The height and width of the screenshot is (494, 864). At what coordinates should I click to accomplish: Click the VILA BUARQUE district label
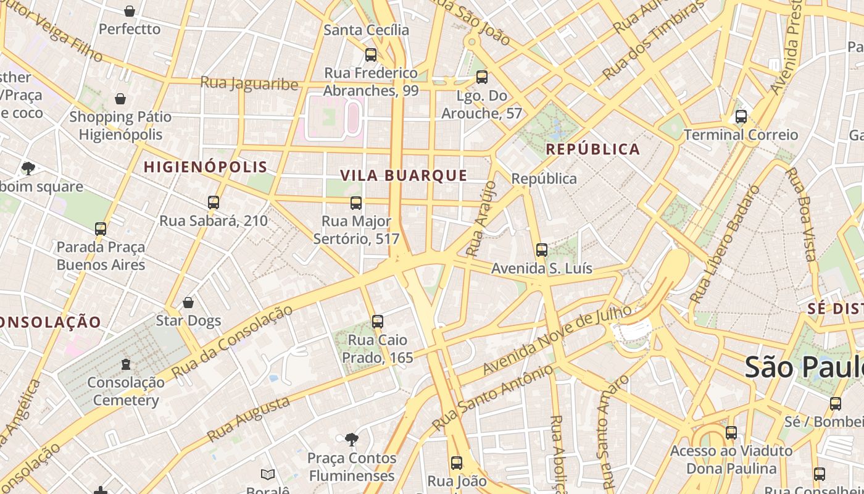tap(404, 175)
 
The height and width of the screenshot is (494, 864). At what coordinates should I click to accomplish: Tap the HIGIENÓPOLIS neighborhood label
tap(206, 167)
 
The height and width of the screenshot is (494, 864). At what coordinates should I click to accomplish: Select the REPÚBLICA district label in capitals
tap(593, 149)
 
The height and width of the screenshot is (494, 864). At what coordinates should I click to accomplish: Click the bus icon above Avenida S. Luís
tap(542, 250)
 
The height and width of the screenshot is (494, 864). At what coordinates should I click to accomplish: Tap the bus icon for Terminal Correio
tap(741, 117)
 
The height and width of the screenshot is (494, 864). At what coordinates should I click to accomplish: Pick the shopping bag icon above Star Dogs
tap(188, 303)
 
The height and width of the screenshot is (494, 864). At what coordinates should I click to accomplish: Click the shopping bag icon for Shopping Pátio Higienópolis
tap(120, 99)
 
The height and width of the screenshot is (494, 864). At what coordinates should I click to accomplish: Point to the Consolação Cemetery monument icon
tap(126, 364)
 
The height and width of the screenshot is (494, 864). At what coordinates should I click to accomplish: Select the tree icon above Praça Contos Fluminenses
tap(352, 440)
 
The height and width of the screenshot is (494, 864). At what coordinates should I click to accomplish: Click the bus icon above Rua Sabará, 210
tap(214, 203)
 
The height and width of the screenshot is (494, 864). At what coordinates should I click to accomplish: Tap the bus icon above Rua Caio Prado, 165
tap(378, 322)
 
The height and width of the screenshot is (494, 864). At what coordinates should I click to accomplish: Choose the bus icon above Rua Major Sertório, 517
tap(356, 203)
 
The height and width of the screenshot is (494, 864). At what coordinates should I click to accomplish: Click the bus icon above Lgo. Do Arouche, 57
tap(482, 78)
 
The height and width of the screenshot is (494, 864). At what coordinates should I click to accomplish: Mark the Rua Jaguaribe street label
tap(249, 83)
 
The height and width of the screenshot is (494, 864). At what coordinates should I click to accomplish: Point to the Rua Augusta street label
tap(248, 419)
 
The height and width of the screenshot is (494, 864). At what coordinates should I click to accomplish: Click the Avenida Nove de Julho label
tap(557, 339)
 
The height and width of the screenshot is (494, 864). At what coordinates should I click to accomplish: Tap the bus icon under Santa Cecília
tap(371, 55)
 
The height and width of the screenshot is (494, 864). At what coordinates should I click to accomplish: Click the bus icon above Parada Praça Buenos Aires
tap(101, 229)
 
